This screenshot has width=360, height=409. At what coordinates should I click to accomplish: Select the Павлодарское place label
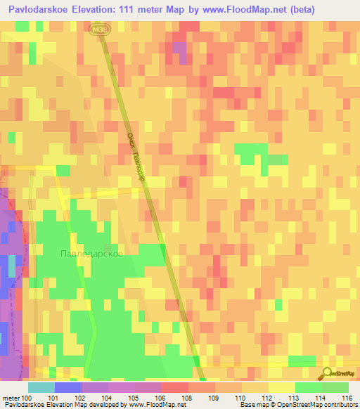coord(91,253)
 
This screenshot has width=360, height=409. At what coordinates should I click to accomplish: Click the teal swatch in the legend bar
coord(41,387)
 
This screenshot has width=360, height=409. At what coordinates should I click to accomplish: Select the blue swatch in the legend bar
coord(68,387)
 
